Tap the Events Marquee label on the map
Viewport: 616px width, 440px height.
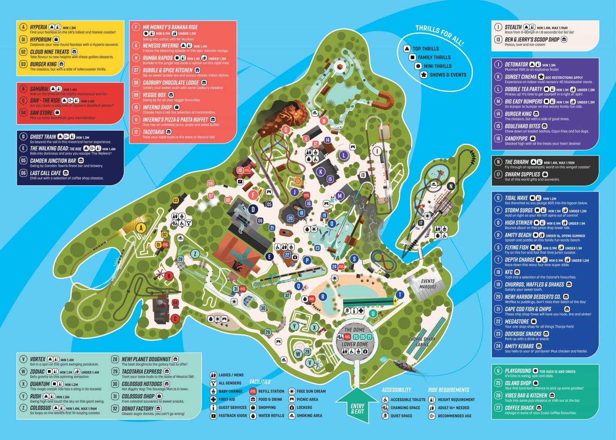[428, 284]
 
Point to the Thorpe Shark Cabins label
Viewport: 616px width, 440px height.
[422, 342]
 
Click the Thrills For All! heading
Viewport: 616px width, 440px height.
[439, 35]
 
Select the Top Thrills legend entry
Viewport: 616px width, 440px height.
[425, 48]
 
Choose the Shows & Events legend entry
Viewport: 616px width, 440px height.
[447, 75]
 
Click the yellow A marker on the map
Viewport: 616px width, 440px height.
[141, 228]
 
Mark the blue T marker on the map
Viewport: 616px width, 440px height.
[400, 294]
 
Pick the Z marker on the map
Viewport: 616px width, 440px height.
[194, 253]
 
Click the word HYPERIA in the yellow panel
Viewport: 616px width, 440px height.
[38, 27]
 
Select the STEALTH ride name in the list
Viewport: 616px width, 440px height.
[513, 27]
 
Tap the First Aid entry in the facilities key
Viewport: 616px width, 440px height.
[227, 400]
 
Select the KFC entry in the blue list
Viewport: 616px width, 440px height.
[510, 272]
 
